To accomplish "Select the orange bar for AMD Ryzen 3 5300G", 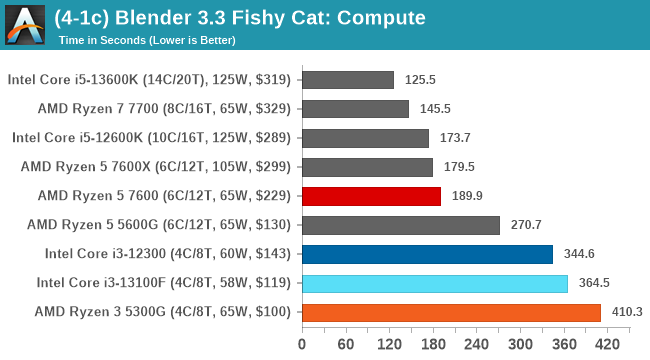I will click(450, 312).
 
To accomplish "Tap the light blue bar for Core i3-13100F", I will click(433, 283).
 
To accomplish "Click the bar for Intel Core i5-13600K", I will click(346, 80).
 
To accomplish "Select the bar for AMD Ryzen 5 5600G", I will click(399, 225).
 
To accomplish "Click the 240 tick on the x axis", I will click(475, 344).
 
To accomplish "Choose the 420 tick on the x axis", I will click(605, 344).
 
